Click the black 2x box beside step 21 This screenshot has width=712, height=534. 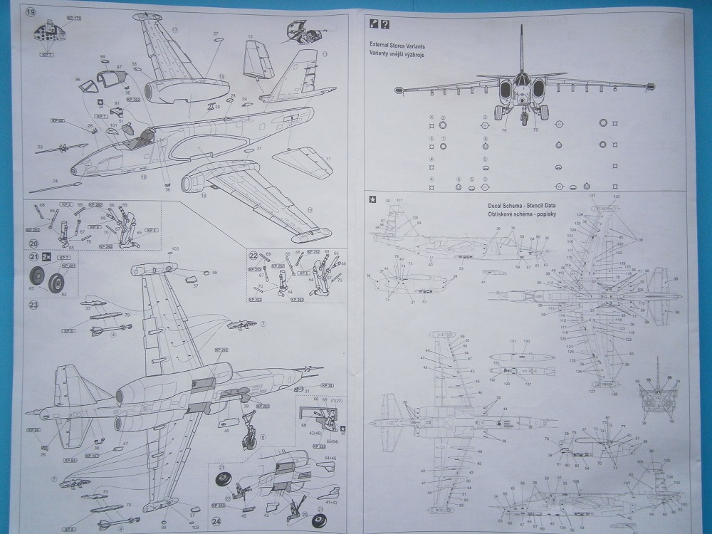pos(46,257)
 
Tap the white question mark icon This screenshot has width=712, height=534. pos(385,24)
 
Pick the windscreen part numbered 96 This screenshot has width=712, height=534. pos(89,85)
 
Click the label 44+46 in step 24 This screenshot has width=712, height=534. pos(331,458)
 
